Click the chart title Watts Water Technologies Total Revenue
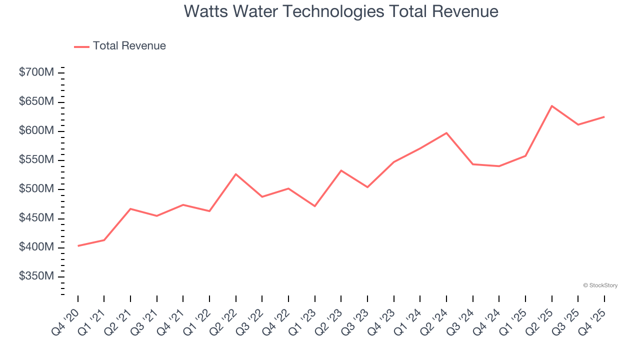tap(341, 11)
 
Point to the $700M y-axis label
tap(36, 72)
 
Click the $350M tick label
tap(36, 276)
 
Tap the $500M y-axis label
tap(36, 189)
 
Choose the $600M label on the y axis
tap(36, 130)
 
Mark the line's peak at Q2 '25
tap(551, 106)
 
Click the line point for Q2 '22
tap(235, 174)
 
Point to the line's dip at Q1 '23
tap(314, 206)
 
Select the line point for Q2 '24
tap(446, 133)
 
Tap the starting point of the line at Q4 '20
tap(78, 246)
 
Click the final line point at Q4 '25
tap(604, 117)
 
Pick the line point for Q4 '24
tap(499, 166)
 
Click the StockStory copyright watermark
tap(600, 285)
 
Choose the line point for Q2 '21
tap(130, 208)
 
